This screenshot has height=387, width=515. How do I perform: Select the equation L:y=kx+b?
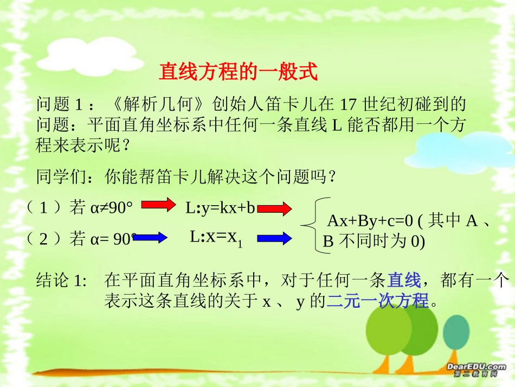click(220, 207)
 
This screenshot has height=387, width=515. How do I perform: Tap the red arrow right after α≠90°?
click(159, 205)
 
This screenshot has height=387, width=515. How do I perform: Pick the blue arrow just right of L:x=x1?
click(275, 238)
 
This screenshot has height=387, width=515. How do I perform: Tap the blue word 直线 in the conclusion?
click(404, 281)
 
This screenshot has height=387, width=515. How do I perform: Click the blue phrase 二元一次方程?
click(378, 300)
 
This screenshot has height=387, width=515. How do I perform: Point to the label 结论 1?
click(61, 281)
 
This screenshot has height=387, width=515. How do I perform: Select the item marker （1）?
click(44, 207)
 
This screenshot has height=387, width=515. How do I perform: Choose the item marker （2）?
click(44, 238)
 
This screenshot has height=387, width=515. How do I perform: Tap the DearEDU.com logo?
click(477, 369)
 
